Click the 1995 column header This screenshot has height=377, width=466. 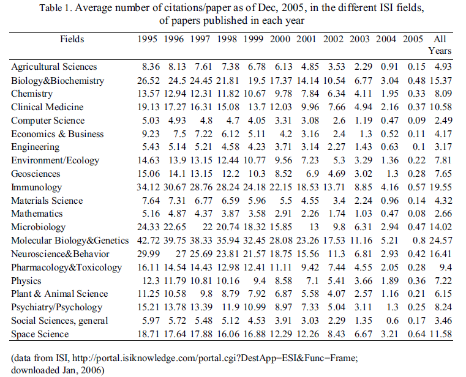coord(147,39)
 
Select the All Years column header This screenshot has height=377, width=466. coord(440,45)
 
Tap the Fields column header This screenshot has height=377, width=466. coord(72,39)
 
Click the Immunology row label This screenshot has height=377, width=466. coord(36,187)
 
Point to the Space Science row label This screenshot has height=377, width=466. coord(40,334)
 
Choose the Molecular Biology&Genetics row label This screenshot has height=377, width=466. coord(70,241)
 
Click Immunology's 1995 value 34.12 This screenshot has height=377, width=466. coord(148,187)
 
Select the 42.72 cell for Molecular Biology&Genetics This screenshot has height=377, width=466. coord(148,241)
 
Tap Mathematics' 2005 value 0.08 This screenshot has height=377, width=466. coord(416,214)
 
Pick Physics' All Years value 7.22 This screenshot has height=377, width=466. coord(443,281)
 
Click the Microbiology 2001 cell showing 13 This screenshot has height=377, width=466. coord(314,227)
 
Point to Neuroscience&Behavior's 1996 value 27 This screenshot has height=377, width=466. coord(181,254)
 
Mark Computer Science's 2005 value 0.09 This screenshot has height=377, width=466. coord(416,121)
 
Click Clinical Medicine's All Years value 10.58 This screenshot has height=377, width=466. coord(441,107)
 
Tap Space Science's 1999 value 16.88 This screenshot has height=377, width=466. coord(254,334)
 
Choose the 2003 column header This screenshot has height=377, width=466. coord(359,39)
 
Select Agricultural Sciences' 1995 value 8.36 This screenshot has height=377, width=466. coord(151,67)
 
